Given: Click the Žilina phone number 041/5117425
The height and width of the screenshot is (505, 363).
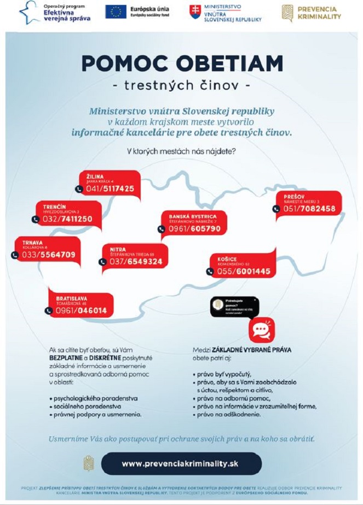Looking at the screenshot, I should coord(110,189).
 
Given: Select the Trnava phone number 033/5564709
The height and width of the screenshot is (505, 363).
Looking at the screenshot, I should coord(49,255).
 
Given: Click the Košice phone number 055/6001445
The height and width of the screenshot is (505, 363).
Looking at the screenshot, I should coord(244,271).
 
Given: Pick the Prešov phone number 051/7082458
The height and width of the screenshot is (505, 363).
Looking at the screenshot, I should coord(309,209).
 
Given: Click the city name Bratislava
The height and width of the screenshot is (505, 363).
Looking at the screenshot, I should coord(71,298).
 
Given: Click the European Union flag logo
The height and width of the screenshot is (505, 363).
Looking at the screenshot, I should coord(116,11).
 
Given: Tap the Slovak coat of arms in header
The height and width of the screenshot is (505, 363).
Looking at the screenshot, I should coord(195,12).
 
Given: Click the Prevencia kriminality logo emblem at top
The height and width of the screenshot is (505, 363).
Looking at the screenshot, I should coord(287,13).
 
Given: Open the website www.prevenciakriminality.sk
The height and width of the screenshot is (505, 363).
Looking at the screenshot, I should coord(180,463).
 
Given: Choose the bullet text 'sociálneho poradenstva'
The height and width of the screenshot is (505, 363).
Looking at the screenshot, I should coord(88,407).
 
